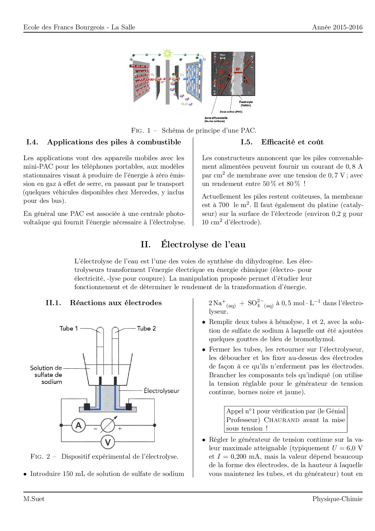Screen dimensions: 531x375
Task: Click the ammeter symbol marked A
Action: [x=78, y=425]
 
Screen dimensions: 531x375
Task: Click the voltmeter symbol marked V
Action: [x=108, y=442]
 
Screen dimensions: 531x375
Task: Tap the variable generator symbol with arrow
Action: [x=108, y=425]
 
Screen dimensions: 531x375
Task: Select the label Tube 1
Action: [x=69, y=328]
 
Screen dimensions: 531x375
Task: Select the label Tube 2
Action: [x=146, y=328]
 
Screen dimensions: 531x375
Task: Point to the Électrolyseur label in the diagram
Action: [x=161, y=391]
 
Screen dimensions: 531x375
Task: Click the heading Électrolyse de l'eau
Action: [x=203, y=245]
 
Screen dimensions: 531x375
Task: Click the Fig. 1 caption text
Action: [x=194, y=130]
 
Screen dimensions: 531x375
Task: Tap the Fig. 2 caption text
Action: [x=104, y=457]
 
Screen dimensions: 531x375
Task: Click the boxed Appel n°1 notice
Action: [x=285, y=420]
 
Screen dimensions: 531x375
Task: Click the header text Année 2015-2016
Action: [x=337, y=27]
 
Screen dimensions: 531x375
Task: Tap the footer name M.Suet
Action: [x=34, y=499]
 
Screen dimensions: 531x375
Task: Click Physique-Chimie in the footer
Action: [x=337, y=499]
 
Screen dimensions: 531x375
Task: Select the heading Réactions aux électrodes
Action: [x=116, y=303]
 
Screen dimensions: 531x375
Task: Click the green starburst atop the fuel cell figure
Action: [x=167, y=54]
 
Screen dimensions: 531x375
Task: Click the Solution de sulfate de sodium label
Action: [x=46, y=375]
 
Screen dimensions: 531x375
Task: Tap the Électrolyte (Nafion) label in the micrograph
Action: [x=246, y=104]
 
